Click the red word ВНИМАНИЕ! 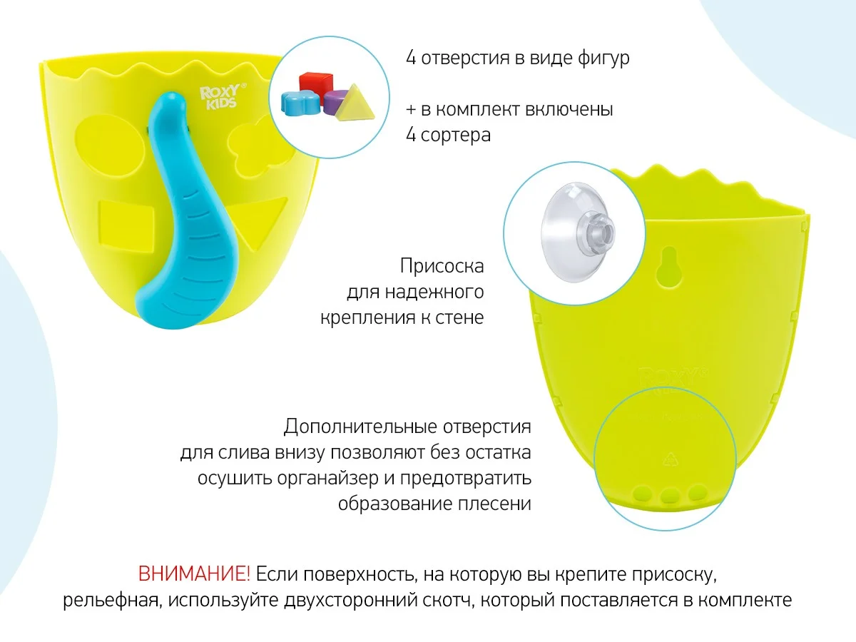(194, 574)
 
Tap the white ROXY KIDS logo (223, 96)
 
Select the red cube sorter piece (315, 84)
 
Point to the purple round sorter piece (335, 101)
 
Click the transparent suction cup (577, 233)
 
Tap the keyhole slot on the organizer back (669, 266)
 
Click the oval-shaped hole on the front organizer (111, 146)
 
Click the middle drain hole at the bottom (671, 496)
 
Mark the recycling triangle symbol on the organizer (671, 459)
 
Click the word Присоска (442, 267)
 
